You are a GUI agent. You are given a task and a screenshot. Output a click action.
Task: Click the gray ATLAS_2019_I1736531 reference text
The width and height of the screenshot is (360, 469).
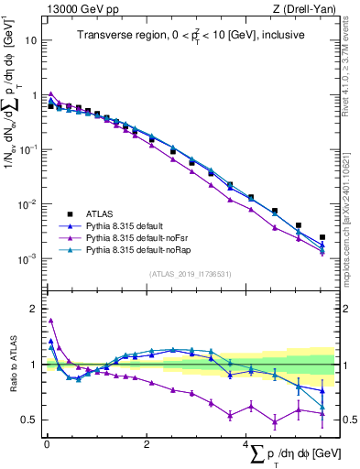point(190,274)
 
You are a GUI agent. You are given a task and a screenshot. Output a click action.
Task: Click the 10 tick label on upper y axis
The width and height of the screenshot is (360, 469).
point(30,41)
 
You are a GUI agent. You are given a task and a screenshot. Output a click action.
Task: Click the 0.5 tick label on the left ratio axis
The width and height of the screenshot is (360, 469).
point(29,420)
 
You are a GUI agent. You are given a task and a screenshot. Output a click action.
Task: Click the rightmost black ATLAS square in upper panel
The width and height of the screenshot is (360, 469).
point(322,237)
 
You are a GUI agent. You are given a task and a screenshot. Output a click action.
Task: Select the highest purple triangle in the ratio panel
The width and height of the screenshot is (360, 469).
point(50,321)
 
